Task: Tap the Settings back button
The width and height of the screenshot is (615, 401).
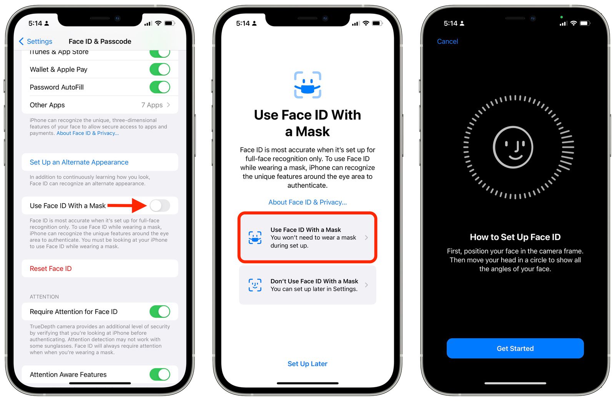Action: [x=36, y=42]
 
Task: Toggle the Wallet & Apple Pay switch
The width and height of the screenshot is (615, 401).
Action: [x=160, y=70]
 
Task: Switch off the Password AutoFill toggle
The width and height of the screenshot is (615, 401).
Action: [x=160, y=87]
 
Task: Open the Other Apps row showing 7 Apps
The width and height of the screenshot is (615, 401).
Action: [x=100, y=105]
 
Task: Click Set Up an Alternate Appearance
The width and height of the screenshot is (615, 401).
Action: [x=79, y=162]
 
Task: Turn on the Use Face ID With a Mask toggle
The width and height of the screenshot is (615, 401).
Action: [x=160, y=206]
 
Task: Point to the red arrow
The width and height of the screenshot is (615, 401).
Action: [x=127, y=206]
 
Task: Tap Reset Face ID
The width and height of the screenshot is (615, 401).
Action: [x=51, y=269]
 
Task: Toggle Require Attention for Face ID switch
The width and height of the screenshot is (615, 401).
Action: [x=160, y=312]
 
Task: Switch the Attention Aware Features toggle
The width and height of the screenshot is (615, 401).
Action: [x=160, y=374]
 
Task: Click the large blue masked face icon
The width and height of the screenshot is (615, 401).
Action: [x=307, y=85]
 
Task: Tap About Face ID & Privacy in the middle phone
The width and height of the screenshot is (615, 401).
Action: [x=307, y=202]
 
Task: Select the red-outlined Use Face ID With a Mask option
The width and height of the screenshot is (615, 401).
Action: [x=307, y=237]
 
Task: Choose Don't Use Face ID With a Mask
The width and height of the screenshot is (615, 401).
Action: [x=307, y=285]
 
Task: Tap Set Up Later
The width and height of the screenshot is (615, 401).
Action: [x=307, y=364]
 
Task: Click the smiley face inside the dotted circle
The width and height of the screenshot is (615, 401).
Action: [x=513, y=147]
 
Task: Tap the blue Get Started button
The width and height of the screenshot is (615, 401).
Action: [x=515, y=348]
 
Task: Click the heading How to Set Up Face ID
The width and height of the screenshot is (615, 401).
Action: [x=515, y=237]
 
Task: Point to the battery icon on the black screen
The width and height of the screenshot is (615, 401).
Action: [x=584, y=23]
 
